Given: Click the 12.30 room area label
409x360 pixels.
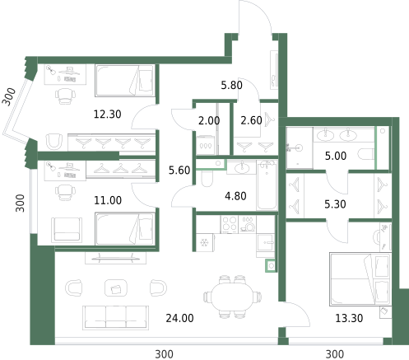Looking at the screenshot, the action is click(107, 114).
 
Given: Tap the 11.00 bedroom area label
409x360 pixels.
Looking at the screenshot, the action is click(108, 200).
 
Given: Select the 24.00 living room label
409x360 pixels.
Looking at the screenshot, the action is click(179, 318).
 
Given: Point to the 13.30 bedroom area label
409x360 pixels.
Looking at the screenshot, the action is click(349, 318).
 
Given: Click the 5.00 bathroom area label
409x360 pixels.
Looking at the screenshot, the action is click(336, 156).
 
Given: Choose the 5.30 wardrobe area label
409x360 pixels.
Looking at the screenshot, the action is click(335, 204).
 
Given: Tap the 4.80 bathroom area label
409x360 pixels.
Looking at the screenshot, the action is click(235, 196).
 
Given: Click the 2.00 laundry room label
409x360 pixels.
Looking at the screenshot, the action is click(209, 120).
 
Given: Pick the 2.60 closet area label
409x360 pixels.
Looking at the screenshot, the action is click(251, 120).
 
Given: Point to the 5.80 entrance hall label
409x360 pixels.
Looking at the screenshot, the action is click(232, 85).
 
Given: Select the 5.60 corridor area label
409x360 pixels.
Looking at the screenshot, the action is click(179, 171).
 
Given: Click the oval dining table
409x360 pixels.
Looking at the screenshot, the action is click(232, 297).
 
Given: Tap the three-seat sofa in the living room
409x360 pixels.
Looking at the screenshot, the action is click(115, 318).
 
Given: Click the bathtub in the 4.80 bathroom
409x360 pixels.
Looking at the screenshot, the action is click(267, 185).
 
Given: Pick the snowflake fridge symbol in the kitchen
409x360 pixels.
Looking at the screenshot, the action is click(204, 243).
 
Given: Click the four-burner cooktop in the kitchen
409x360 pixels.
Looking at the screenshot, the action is click(230, 224).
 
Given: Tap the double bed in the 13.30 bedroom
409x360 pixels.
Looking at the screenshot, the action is click(360, 279).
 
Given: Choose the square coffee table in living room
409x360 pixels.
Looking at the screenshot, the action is click(116, 288).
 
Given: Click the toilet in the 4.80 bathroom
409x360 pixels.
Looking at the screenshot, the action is click(206, 179).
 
